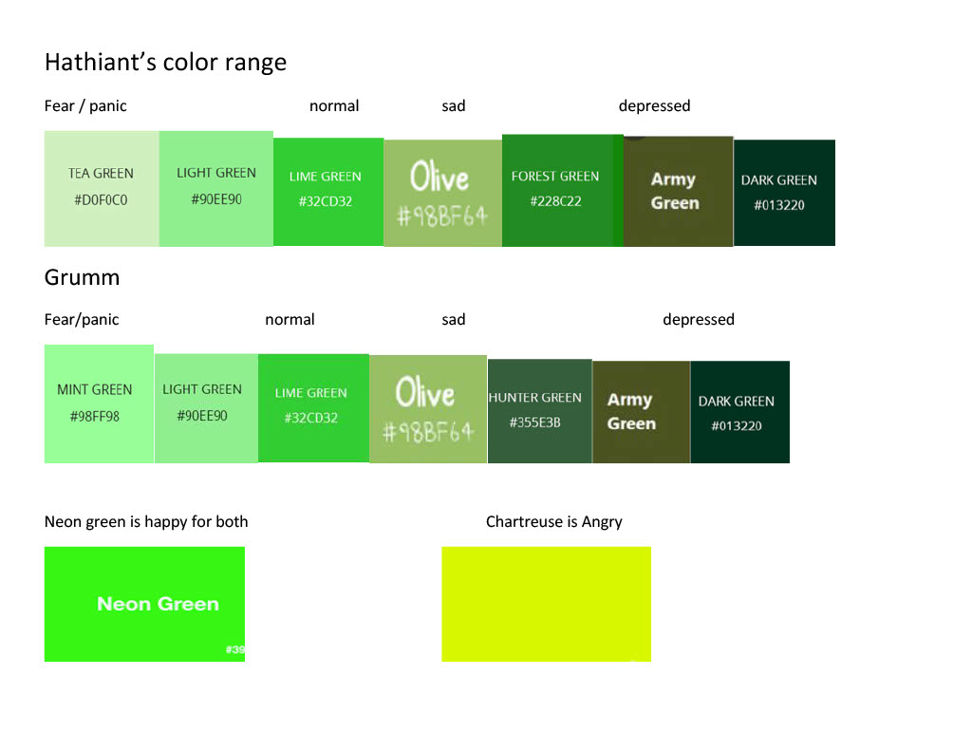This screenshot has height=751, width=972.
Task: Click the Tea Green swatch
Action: tap(102, 189)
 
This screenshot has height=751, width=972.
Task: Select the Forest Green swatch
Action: tap(562, 191)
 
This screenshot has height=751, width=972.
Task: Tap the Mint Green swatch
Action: tap(99, 404)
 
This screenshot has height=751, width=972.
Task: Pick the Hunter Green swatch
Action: tap(540, 410)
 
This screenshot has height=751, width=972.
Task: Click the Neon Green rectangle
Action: tap(144, 604)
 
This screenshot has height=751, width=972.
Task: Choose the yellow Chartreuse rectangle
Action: tap(546, 604)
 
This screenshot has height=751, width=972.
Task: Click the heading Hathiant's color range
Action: tap(165, 62)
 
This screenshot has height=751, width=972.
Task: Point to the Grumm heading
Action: tap(82, 277)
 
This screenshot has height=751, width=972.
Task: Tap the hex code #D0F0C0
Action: tap(101, 199)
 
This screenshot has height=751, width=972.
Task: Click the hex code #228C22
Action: tap(555, 201)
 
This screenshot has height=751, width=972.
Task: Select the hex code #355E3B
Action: tap(535, 422)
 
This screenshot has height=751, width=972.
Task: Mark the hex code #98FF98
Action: tap(94, 416)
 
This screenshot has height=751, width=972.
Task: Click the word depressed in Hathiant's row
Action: tap(655, 106)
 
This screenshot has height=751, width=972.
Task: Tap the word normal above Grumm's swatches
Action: tap(290, 319)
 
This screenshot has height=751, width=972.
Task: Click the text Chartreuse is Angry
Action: tap(554, 522)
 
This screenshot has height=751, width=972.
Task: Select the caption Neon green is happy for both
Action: tap(146, 522)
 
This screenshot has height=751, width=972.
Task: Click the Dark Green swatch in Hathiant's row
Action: tap(784, 193)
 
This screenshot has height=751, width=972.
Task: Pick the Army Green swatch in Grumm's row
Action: tap(641, 412)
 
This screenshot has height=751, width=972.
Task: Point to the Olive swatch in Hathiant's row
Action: tap(442, 193)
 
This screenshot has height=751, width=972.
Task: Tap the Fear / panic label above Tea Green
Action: tap(85, 106)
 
